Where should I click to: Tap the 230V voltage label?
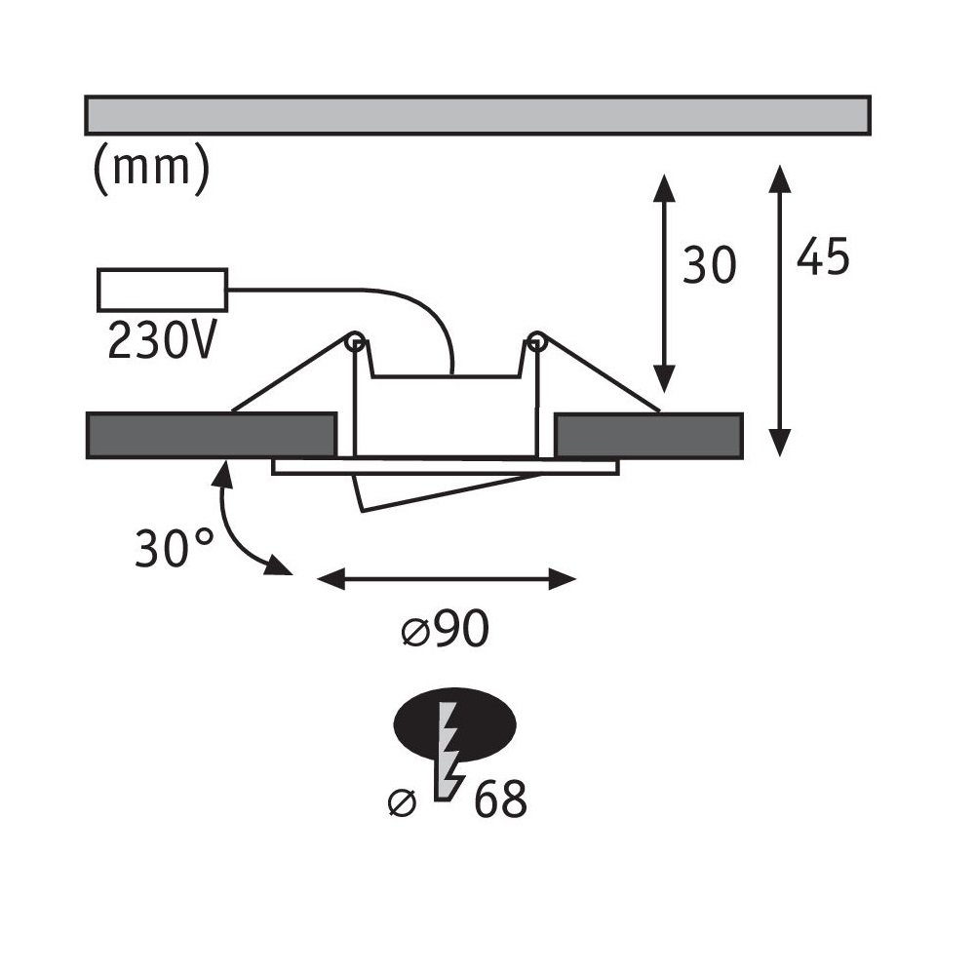162,340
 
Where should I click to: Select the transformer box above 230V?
162,290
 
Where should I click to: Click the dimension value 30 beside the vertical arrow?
710,265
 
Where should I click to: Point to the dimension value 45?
823,255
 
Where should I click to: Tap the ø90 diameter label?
446,629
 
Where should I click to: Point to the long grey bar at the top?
478,115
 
